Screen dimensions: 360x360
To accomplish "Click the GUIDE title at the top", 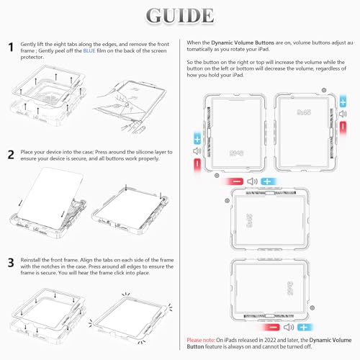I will pyautogui.click(x=179, y=16).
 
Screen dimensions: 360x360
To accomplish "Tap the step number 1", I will pyautogui.click(x=11, y=48).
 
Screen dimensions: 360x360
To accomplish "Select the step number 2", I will pyautogui.click(x=11, y=154).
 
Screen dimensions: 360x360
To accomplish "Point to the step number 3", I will pyautogui.click(x=11, y=264).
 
